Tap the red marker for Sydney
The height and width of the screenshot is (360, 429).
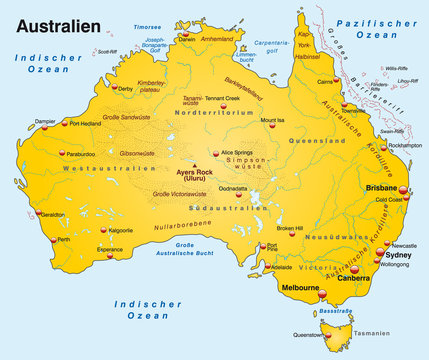click(380, 255)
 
